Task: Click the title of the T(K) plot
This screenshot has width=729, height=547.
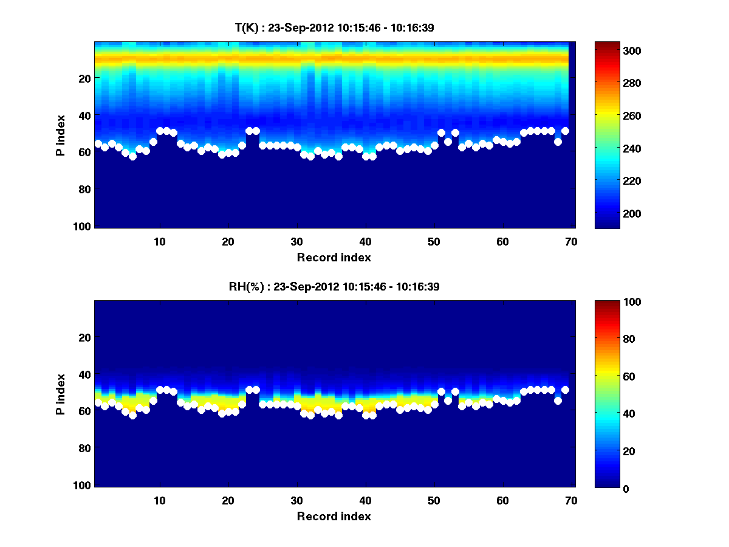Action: (334, 28)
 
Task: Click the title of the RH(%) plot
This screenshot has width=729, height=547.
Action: (334, 287)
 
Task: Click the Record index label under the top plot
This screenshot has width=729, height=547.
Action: (334, 257)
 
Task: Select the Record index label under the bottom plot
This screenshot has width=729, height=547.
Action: (334, 516)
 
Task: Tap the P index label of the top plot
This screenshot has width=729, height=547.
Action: (61, 134)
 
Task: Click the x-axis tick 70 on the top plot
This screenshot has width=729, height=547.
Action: (571, 241)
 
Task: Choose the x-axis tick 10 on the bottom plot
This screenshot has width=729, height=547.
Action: (159, 500)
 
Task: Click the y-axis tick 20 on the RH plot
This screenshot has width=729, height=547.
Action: (85, 337)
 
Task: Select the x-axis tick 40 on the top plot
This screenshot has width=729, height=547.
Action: (365, 241)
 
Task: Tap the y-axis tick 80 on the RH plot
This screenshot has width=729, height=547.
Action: (85, 449)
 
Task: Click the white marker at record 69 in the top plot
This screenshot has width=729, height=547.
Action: (565, 131)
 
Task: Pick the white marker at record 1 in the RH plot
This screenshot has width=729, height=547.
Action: (98, 402)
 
